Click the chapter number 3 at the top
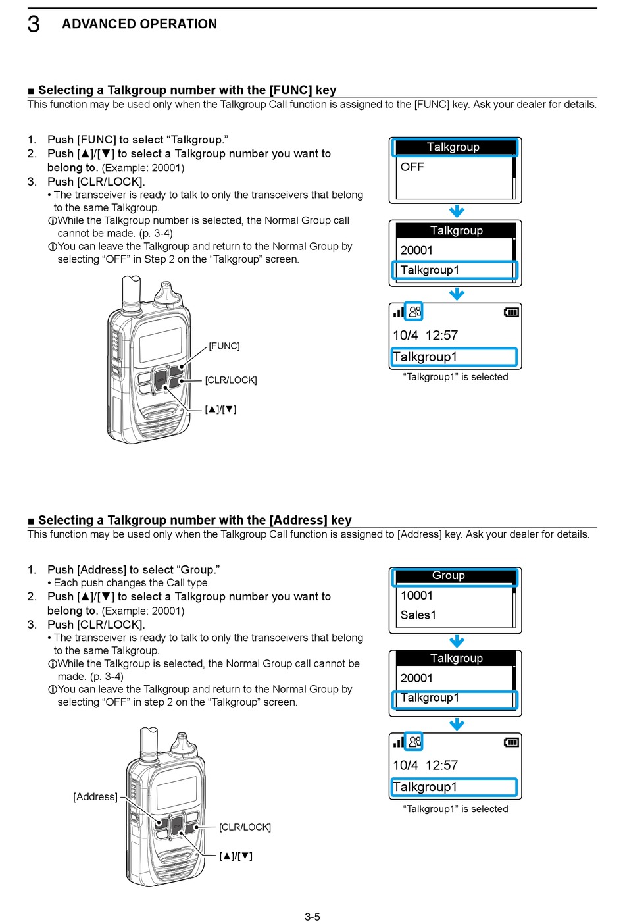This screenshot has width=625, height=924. point(34,24)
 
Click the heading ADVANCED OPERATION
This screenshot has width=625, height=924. point(139,24)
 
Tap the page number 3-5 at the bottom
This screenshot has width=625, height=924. point(312,917)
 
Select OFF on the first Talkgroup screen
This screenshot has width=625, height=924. point(413,167)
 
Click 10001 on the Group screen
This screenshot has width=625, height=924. point(417,596)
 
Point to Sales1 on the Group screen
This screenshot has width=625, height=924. point(418,615)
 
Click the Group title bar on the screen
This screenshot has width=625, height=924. point(455,576)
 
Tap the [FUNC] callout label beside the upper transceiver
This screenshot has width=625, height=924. point(224,346)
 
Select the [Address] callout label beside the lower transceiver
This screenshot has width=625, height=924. point(95,797)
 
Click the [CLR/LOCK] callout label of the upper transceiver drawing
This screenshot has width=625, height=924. point(231,380)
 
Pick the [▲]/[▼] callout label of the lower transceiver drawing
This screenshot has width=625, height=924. point(236,856)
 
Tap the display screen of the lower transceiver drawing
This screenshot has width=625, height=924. point(176,792)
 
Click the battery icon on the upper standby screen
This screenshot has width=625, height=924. point(511,312)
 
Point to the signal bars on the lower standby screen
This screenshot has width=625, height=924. point(398,743)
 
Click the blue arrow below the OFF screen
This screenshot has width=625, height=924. point(457,211)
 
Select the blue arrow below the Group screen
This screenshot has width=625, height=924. point(457,642)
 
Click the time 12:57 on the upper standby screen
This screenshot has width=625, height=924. point(441,336)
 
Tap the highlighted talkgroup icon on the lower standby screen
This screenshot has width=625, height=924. point(414,742)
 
